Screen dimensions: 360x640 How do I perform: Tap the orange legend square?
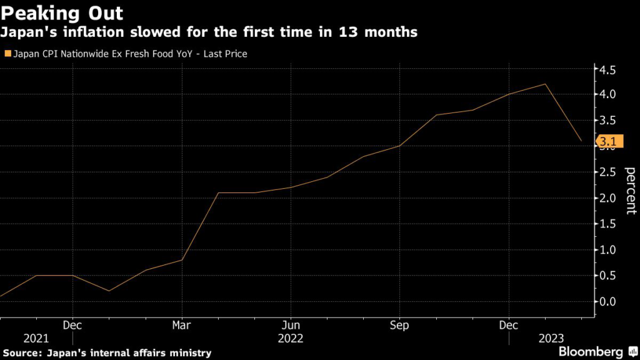(x=7, y=54)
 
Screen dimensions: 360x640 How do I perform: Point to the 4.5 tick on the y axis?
(x=608, y=69)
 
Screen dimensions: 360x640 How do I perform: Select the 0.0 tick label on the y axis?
(x=608, y=301)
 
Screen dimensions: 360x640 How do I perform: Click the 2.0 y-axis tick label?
(x=608, y=198)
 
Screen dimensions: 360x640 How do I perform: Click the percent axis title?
(x=630, y=191)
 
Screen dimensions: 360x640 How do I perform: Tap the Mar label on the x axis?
(x=182, y=326)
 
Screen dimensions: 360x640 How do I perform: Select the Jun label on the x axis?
(x=291, y=326)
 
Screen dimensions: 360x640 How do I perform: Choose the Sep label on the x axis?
(x=399, y=326)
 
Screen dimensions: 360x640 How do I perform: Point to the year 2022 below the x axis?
(x=291, y=339)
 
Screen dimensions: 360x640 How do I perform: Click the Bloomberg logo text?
(x=590, y=351)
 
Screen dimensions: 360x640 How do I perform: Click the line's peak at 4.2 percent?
(x=546, y=84)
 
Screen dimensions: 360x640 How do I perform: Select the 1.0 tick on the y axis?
(x=608, y=250)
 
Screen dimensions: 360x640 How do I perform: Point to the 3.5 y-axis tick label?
(x=608, y=121)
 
